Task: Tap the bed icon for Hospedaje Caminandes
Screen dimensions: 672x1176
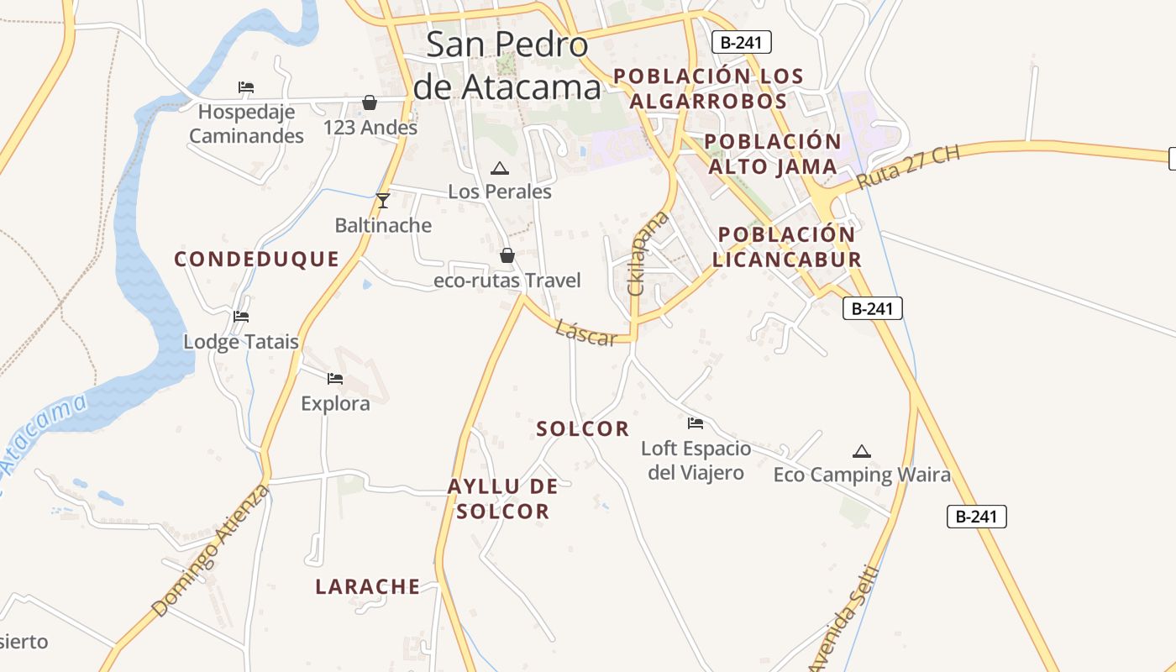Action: tap(245, 87)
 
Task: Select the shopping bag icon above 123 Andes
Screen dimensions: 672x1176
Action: tap(369, 102)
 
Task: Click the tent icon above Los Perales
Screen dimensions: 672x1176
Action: tap(499, 169)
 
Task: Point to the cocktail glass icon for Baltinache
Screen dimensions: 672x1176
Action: tap(383, 200)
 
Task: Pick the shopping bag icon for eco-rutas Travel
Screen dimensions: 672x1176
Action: tap(507, 255)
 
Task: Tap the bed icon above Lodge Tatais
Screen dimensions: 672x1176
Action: tap(241, 317)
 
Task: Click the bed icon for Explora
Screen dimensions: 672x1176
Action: tap(335, 379)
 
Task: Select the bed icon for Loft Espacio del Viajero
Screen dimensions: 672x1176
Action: tap(696, 423)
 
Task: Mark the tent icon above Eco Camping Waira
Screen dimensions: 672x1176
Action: tap(861, 452)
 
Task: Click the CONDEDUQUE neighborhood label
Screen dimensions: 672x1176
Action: tap(256, 260)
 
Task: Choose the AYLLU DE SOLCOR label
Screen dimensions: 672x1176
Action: tap(503, 499)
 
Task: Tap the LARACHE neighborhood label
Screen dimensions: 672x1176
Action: tap(367, 587)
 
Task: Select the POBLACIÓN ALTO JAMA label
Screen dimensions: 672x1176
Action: tap(773, 154)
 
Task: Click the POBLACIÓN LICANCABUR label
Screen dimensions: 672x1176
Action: tap(787, 247)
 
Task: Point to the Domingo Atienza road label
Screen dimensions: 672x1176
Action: tap(212, 550)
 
